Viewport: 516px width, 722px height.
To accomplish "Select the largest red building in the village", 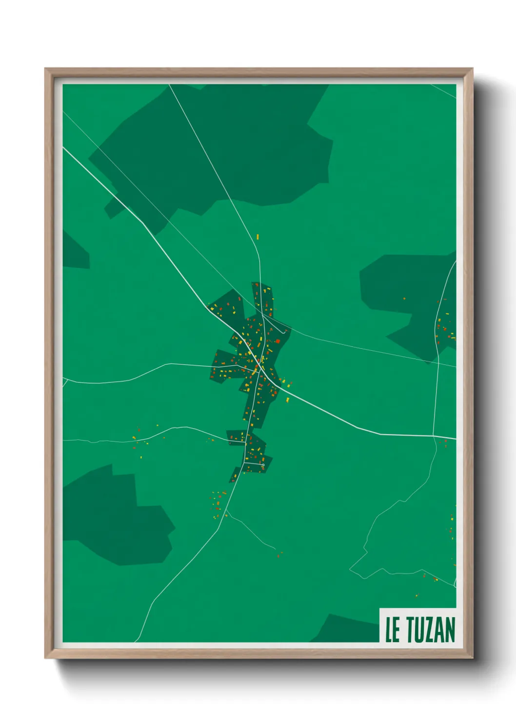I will click(278, 341).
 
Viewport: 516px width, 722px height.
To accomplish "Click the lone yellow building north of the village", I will click(258, 237).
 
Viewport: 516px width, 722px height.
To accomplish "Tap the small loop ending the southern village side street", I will click(263, 465).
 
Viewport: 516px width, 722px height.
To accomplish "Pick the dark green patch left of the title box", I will click(346, 629).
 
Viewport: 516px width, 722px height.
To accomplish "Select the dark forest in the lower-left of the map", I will click(117, 517).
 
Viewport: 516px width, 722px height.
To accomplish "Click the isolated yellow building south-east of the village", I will click(287, 400).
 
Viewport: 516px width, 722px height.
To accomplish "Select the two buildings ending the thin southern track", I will click(279, 554).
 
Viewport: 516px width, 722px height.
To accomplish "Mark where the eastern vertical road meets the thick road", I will click(434, 436).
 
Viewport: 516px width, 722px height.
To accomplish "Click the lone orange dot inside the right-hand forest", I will click(404, 299).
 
